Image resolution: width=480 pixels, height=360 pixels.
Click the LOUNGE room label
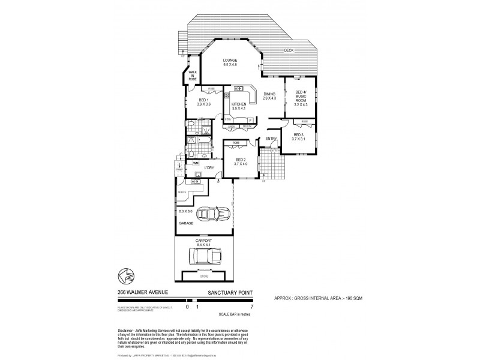(x=230, y=60)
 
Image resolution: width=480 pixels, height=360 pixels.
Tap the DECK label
(x=289, y=50)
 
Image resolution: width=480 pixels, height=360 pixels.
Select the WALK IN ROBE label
(x=193, y=75)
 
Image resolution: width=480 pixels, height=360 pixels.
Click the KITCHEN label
(x=239, y=104)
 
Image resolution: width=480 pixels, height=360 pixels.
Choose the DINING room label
(x=269, y=94)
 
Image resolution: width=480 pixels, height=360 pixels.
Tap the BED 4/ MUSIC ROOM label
(x=301, y=97)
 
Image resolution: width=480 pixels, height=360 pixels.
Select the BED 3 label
(x=298, y=135)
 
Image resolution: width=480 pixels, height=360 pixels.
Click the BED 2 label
(x=241, y=160)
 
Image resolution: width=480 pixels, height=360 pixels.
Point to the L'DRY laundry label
(x=209, y=167)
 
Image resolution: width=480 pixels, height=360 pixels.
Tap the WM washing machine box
(x=196, y=163)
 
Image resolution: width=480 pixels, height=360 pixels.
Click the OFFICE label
(x=182, y=192)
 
